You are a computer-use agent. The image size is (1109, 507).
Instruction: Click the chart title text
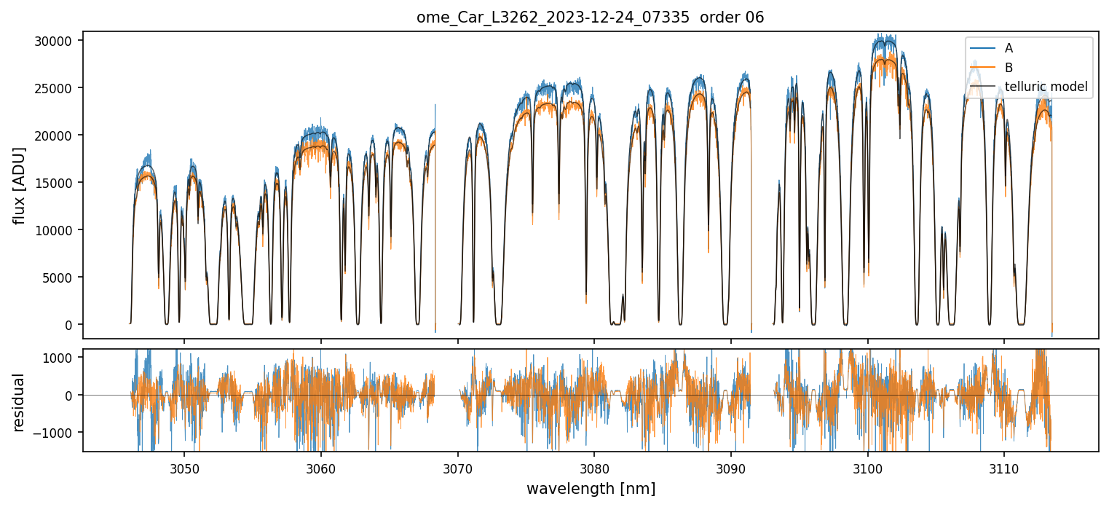click(x=590, y=17)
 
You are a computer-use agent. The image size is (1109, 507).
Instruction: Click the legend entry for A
click(x=1009, y=48)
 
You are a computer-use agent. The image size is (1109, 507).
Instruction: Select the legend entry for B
click(x=1009, y=68)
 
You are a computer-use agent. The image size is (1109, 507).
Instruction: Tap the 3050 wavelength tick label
click(x=184, y=467)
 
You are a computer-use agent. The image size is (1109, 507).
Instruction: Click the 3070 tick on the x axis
click(x=457, y=467)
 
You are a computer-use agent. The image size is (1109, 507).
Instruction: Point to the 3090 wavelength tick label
click(x=731, y=467)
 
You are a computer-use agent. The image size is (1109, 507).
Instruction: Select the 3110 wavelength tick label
click(x=1004, y=467)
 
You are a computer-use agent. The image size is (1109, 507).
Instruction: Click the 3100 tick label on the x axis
click(x=867, y=467)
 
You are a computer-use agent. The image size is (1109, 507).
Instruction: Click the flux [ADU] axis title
click(x=20, y=185)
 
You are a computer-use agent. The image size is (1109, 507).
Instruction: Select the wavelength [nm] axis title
click(x=591, y=488)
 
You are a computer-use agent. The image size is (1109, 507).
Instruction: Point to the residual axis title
click(x=20, y=402)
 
